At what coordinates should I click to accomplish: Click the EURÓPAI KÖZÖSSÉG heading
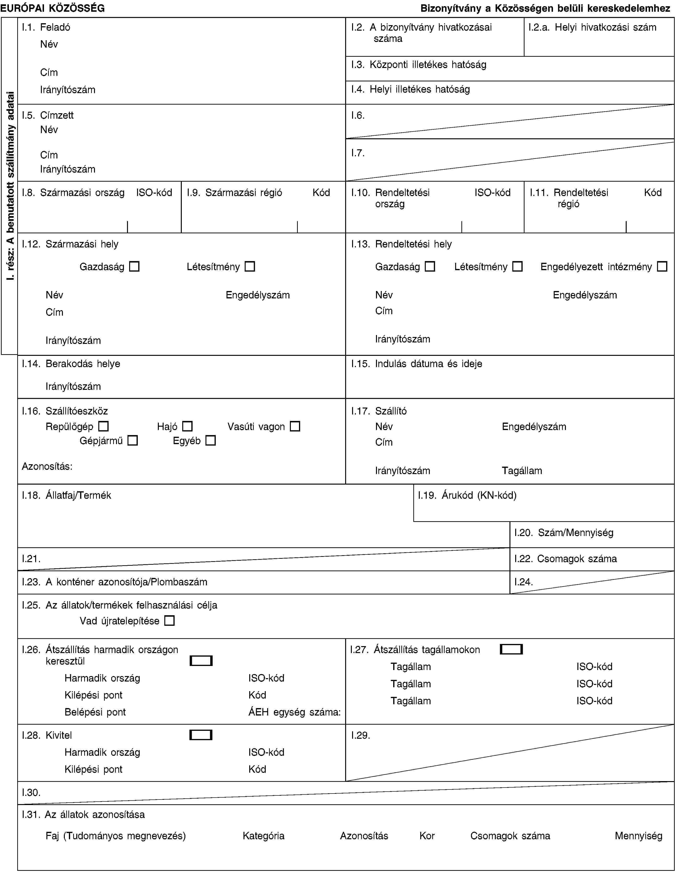[x=53, y=8]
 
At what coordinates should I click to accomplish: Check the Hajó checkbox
[x=187, y=426]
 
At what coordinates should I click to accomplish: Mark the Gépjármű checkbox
[x=133, y=441]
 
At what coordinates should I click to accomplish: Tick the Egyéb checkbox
[x=210, y=441]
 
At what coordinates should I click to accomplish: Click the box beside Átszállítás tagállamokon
[x=511, y=649]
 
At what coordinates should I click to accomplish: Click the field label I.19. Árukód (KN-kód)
[x=467, y=495]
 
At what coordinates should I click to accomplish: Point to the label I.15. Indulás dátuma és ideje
[x=416, y=364]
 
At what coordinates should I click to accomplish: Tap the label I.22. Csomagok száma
[x=565, y=558]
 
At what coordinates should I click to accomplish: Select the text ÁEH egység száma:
[x=295, y=712]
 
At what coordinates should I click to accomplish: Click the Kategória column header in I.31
[x=263, y=836]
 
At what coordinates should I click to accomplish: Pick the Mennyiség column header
[x=638, y=836]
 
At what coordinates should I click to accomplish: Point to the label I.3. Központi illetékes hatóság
[x=418, y=64]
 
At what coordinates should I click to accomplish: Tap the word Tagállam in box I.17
[x=522, y=470]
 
